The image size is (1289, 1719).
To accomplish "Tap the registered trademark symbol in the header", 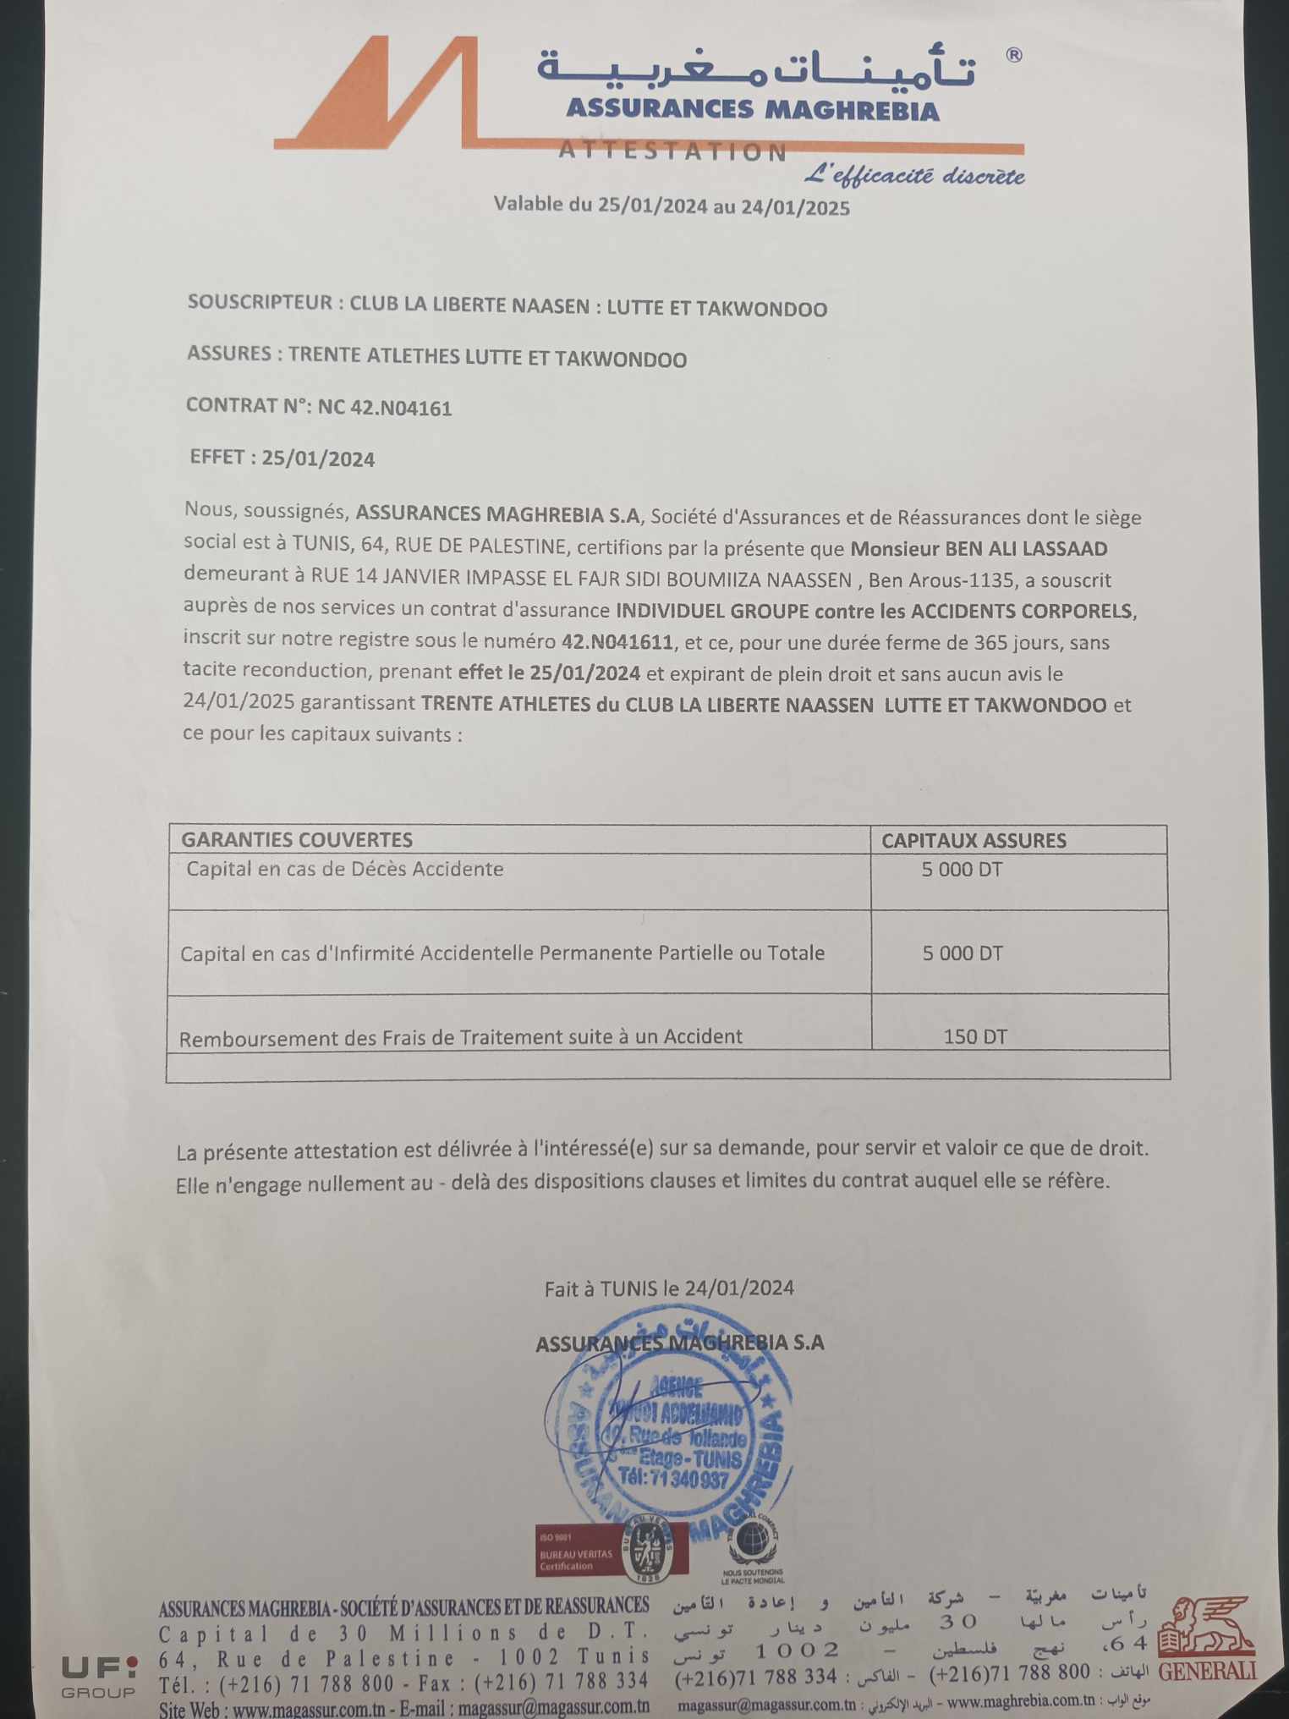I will [1013, 56].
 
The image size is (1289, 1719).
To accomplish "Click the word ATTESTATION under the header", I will [672, 152].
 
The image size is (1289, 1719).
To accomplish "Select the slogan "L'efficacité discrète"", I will [913, 176].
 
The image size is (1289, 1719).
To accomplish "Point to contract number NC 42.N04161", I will [385, 409].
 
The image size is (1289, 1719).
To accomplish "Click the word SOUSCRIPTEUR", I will [260, 303].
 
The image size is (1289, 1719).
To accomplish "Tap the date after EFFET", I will [318, 459].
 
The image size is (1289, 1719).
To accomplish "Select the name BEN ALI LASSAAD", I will [1026, 549].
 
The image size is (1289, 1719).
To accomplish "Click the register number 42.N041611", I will [617, 642].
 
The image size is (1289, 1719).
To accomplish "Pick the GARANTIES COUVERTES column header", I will [297, 840].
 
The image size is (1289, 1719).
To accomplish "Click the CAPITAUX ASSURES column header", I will [974, 841].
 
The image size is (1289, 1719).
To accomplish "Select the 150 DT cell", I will [975, 1036].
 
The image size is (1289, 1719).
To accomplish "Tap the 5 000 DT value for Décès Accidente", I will [962, 870].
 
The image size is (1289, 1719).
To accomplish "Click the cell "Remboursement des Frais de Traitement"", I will [461, 1037].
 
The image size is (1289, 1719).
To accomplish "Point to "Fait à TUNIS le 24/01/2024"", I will [669, 1288].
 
